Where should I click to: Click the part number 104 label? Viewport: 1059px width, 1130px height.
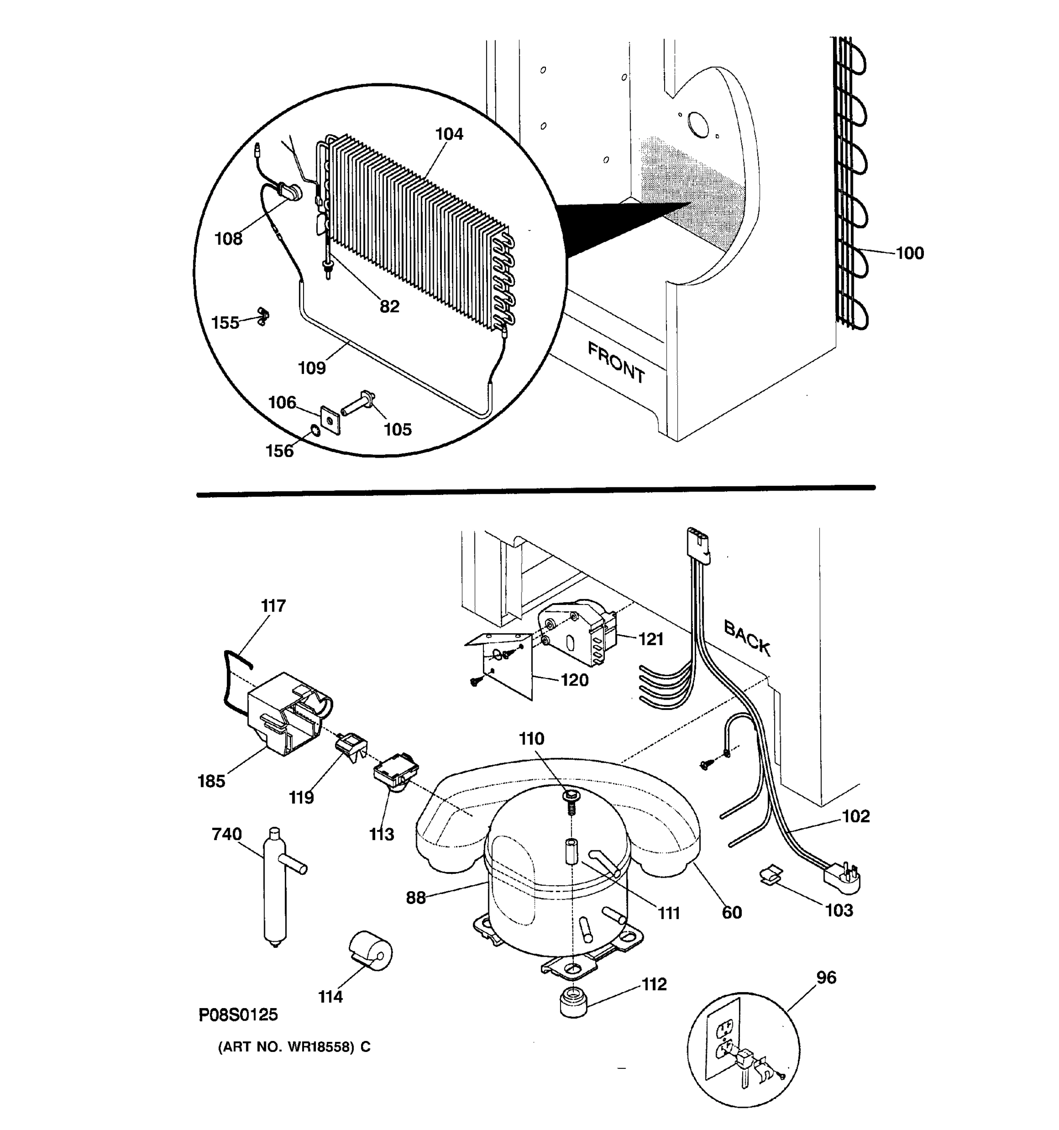(x=449, y=134)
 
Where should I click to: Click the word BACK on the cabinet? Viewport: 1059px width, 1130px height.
(x=747, y=638)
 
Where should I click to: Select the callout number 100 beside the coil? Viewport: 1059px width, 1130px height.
(x=910, y=253)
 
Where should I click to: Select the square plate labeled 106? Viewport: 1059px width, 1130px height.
(x=330, y=420)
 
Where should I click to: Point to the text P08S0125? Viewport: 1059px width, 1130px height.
(x=238, y=1015)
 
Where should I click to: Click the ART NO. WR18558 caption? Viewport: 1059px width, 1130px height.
(x=294, y=1047)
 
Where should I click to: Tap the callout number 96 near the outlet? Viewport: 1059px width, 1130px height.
(x=826, y=977)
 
